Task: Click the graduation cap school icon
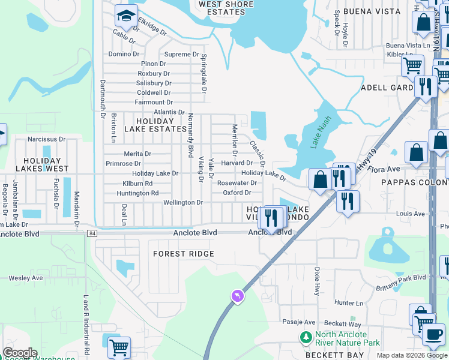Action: tap(126, 16)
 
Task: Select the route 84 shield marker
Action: tap(91, 233)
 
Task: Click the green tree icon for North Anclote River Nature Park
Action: tap(306, 337)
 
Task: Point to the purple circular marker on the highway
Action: tap(238, 296)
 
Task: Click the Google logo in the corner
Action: tap(19, 353)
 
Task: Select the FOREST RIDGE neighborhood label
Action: tap(184, 254)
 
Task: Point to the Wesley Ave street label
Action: tap(25, 278)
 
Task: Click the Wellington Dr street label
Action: tap(183, 203)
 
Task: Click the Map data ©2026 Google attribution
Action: tap(412, 355)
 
